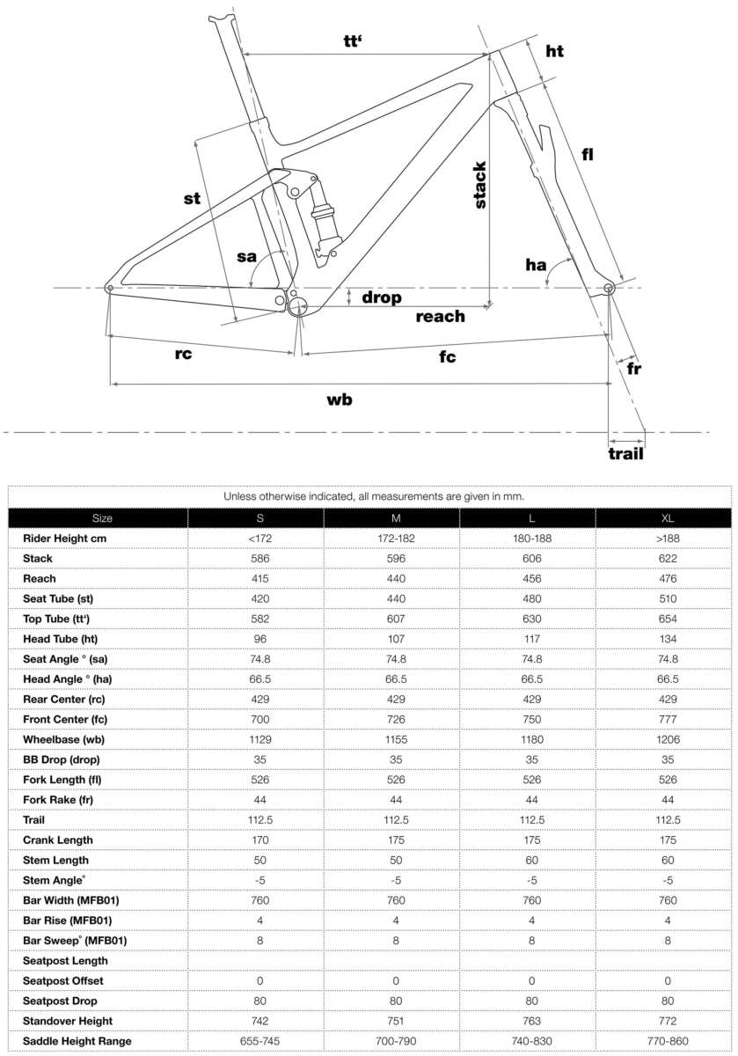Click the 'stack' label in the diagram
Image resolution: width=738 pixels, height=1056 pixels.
480,185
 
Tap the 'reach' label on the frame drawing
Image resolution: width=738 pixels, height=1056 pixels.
440,316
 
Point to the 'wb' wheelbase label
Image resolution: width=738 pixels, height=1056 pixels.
340,400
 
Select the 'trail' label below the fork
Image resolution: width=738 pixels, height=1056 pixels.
625,454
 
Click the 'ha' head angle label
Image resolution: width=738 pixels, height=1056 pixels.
536,264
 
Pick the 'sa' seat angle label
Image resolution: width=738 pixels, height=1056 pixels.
246,257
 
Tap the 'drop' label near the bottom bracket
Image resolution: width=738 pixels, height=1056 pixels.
381,297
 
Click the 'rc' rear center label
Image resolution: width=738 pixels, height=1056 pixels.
183,355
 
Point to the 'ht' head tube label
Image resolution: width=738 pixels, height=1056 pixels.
553,51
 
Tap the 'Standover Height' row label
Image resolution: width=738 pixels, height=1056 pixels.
67,1021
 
